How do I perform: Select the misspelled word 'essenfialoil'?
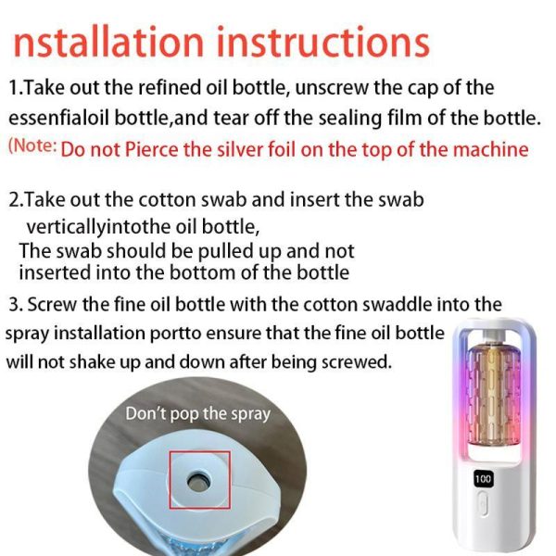[x=59, y=119]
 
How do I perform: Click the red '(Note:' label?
[x=32, y=145]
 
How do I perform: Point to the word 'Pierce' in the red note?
[x=151, y=149]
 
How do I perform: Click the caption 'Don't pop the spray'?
[x=198, y=414]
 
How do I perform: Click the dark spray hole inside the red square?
[x=198, y=482]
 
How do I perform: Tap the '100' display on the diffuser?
[x=483, y=479]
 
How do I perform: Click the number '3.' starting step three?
[x=16, y=305]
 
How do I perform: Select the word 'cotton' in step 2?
[x=167, y=200]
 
